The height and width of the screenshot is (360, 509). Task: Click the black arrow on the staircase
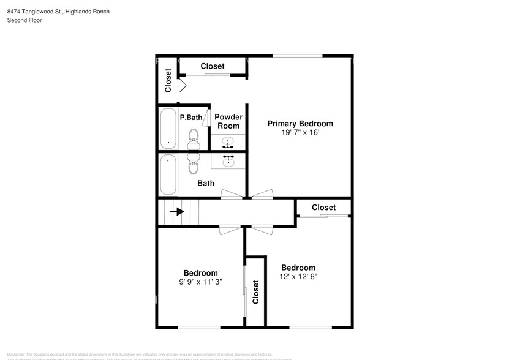(x=178, y=212)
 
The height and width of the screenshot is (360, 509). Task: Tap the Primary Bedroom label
(x=300, y=124)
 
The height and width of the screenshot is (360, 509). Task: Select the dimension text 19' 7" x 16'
(x=300, y=132)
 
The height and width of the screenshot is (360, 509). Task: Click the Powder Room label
(x=228, y=121)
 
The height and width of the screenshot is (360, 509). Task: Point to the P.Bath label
(x=190, y=117)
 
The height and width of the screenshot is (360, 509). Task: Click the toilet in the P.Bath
(x=194, y=138)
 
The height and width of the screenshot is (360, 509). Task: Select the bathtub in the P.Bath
(x=168, y=129)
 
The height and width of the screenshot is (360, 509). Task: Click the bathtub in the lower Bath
(x=168, y=174)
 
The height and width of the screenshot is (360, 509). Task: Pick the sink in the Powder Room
(x=228, y=143)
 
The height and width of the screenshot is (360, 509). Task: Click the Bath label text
(x=206, y=183)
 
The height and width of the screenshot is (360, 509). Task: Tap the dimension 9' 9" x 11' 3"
(x=201, y=282)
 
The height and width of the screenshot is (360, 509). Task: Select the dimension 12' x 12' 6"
(x=298, y=276)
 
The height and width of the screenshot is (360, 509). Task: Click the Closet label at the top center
(x=213, y=66)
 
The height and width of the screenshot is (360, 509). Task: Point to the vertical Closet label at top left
(x=168, y=80)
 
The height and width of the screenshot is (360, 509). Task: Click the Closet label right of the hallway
(x=323, y=208)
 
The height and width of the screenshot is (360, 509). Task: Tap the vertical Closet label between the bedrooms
(x=255, y=292)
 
